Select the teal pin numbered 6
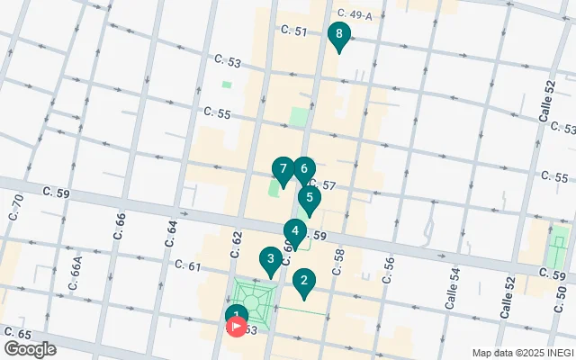pos(304,169)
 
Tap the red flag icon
pos(238,327)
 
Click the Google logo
pos(30,348)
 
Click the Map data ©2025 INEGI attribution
pos(522,352)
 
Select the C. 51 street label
pos(293,31)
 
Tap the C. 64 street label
pos(171,232)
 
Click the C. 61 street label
pos(188,265)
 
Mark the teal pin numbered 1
pos(234,314)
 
